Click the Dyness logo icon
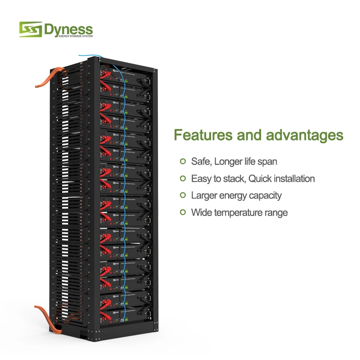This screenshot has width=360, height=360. click(x=30, y=30)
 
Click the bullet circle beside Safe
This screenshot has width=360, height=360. click(x=183, y=161)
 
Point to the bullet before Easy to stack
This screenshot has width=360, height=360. click(x=183, y=179)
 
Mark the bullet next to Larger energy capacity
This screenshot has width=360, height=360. click(x=183, y=195)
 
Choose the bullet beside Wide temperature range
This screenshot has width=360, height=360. click(x=183, y=212)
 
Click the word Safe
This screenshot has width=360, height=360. click(x=201, y=161)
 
